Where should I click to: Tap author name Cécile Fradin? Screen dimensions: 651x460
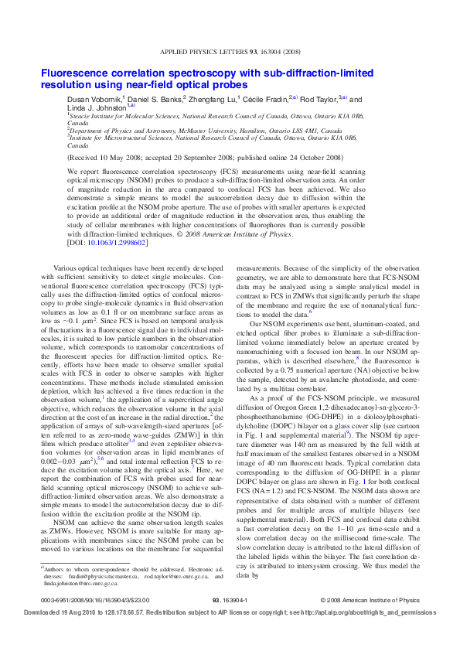[268, 99]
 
